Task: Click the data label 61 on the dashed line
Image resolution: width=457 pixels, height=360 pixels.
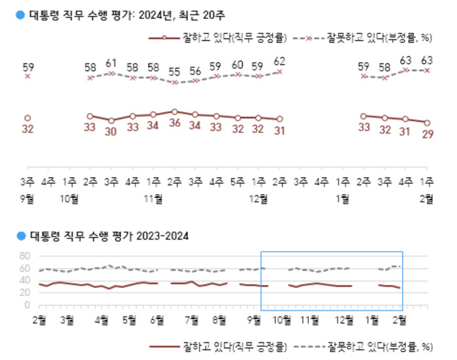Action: [111, 63]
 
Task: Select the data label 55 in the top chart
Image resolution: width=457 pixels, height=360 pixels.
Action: [174, 71]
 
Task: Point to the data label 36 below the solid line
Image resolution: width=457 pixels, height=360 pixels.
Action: [174, 122]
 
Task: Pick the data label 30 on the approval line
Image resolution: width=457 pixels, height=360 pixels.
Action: [111, 131]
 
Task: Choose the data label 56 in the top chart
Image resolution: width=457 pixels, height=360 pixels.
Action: [195, 71]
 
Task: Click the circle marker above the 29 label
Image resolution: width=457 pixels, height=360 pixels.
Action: [428, 122]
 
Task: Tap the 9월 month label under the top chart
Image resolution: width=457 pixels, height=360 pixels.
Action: [27, 199]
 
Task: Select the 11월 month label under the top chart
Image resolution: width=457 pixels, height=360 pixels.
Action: [154, 199]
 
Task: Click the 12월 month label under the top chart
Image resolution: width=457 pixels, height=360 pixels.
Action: [259, 199]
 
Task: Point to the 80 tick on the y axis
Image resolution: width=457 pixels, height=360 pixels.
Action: [26, 255]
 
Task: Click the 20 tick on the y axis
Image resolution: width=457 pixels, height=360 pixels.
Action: [26, 292]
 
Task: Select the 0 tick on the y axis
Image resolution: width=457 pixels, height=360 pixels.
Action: [29, 304]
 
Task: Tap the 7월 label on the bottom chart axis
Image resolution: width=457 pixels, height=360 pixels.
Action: [191, 319]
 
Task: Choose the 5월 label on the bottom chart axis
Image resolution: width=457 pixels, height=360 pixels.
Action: [129, 319]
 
